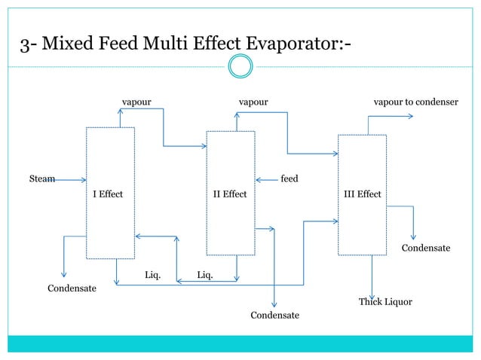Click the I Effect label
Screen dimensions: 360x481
click(107, 194)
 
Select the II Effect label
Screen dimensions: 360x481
click(229, 194)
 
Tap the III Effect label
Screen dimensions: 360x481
click(362, 194)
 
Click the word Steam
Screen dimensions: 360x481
click(41, 179)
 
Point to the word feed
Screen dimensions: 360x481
click(289, 179)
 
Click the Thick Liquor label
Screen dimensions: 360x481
click(384, 302)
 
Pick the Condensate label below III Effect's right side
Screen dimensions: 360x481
click(425, 248)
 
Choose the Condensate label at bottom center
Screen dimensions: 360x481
click(274, 315)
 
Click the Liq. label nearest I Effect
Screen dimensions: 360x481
click(152, 275)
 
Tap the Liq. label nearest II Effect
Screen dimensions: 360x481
click(204, 275)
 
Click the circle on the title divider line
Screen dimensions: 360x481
click(240, 68)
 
